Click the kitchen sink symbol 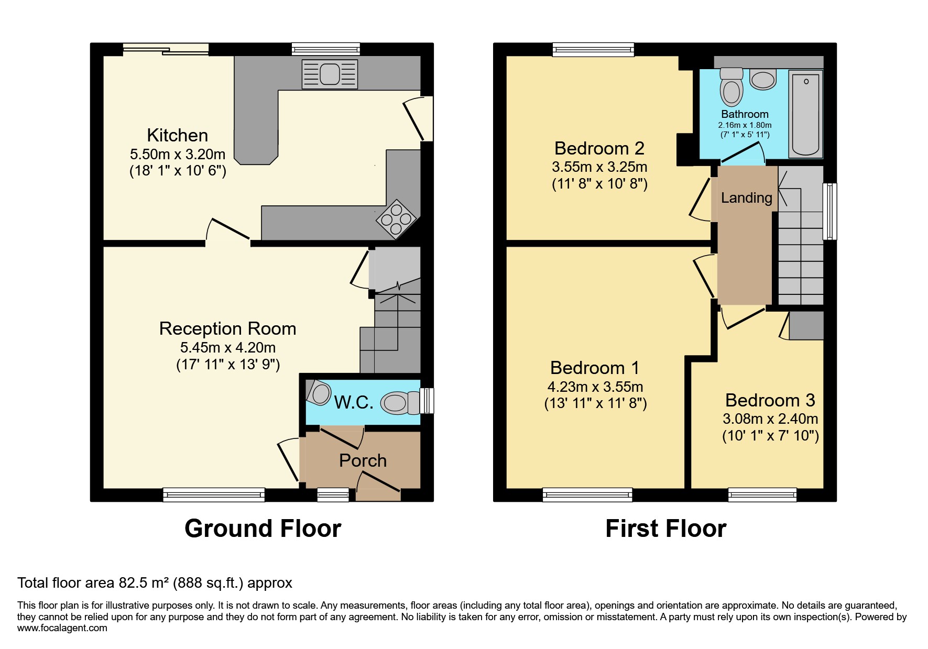(330, 73)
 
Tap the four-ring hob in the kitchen (396, 219)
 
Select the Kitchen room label (177, 135)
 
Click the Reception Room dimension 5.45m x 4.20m (227, 347)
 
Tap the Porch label (363, 460)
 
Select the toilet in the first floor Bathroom (732, 87)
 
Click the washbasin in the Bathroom (762, 80)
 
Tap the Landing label (746, 197)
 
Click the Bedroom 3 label (770, 400)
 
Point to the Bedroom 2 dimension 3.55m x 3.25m (599, 167)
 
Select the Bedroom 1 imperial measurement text (595, 403)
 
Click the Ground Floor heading (263, 529)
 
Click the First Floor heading (665, 529)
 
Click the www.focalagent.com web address (62, 628)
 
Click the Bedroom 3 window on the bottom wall (762, 494)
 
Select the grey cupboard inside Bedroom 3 (806, 325)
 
